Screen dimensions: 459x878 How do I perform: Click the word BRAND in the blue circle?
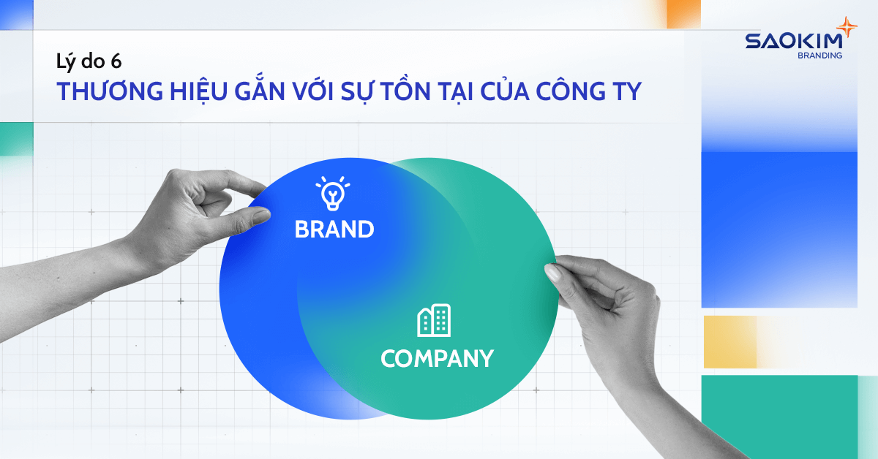334,229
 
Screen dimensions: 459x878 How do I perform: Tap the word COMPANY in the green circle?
437,359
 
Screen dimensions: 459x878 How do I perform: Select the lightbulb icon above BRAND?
333,194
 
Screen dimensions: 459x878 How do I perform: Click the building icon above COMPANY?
434,320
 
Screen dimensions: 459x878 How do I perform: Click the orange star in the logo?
847,28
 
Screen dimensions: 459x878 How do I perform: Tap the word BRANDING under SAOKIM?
820,55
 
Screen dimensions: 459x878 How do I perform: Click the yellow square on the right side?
729,342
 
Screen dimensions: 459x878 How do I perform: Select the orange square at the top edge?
683,13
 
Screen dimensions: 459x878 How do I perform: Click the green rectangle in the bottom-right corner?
779,417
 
